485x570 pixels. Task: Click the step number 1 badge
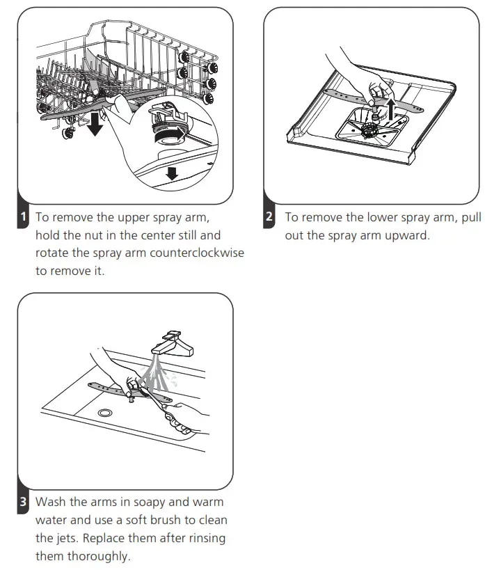click(x=23, y=216)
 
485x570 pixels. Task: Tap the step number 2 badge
click(x=269, y=216)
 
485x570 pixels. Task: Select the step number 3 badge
click(x=23, y=502)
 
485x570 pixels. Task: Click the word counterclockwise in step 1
click(x=197, y=253)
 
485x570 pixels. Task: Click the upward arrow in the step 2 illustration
click(x=390, y=108)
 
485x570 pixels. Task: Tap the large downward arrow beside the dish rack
click(x=95, y=124)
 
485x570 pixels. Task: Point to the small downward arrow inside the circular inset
click(x=172, y=173)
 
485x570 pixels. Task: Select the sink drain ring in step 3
click(x=105, y=413)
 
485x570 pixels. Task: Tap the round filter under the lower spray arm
click(x=369, y=131)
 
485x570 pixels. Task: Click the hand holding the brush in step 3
click(x=185, y=419)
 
